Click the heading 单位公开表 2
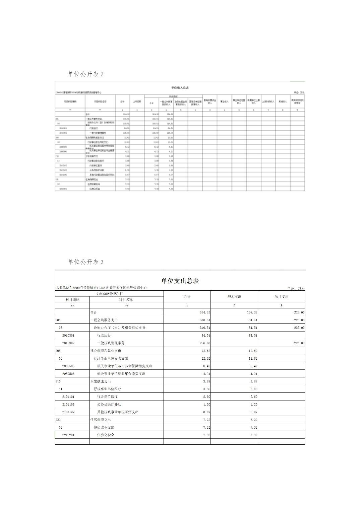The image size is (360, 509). pyautogui.click(x=85, y=74)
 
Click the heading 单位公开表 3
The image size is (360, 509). pyautogui.click(x=85, y=262)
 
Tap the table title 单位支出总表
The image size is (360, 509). pyautogui.click(x=180, y=281)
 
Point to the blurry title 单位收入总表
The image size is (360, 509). pyautogui.click(x=180, y=88)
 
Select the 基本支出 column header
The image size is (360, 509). pyautogui.click(x=234, y=297)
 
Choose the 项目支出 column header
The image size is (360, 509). pyautogui.click(x=281, y=297)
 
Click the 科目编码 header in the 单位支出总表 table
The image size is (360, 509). pyautogui.click(x=72, y=300)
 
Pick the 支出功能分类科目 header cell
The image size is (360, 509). pyautogui.click(x=109, y=294)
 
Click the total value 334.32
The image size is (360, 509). pyautogui.click(x=205, y=312)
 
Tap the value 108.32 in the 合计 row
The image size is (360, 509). pyautogui.click(x=252, y=312)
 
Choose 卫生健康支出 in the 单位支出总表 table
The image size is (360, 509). pyautogui.click(x=101, y=381)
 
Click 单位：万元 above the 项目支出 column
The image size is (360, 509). pyautogui.click(x=296, y=288)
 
